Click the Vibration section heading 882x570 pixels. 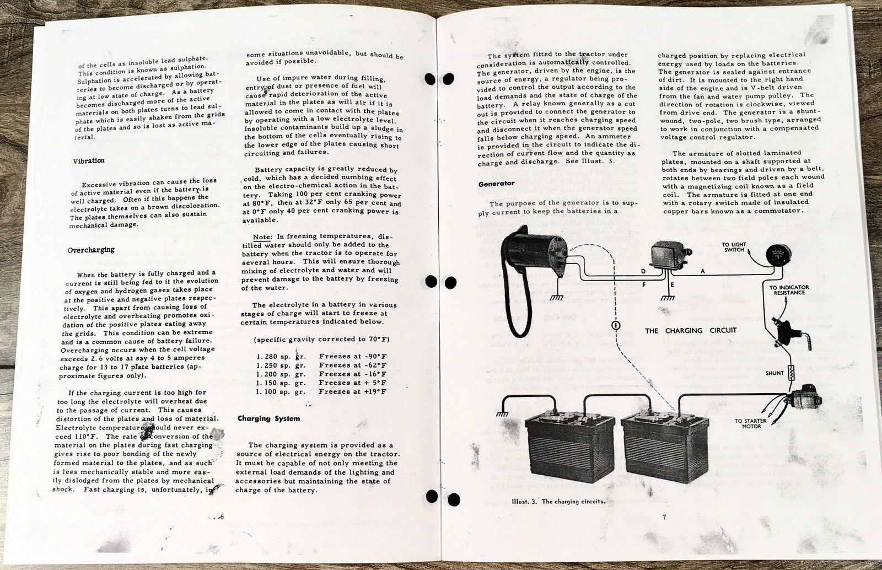pyautogui.click(x=88, y=161)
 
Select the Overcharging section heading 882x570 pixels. pyautogui.click(x=90, y=250)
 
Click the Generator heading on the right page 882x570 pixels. pyautogui.click(x=496, y=184)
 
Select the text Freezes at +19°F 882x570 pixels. pyautogui.click(x=352, y=391)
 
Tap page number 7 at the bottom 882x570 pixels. pyautogui.click(x=665, y=517)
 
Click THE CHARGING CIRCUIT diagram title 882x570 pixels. pyautogui.click(x=691, y=331)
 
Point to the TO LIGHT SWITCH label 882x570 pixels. pyautogui.click(x=733, y=247)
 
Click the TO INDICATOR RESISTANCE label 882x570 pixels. pyautogui.click(x=789, y=290)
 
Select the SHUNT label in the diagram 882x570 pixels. pyautogui.click(x=775, y=373)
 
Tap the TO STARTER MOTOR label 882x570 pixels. pyautogui.click(x=750, y=423)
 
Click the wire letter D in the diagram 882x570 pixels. pyautogui.click(x=643, y=271)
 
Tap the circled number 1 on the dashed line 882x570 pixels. pyautogui.click(x=615, y=325)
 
